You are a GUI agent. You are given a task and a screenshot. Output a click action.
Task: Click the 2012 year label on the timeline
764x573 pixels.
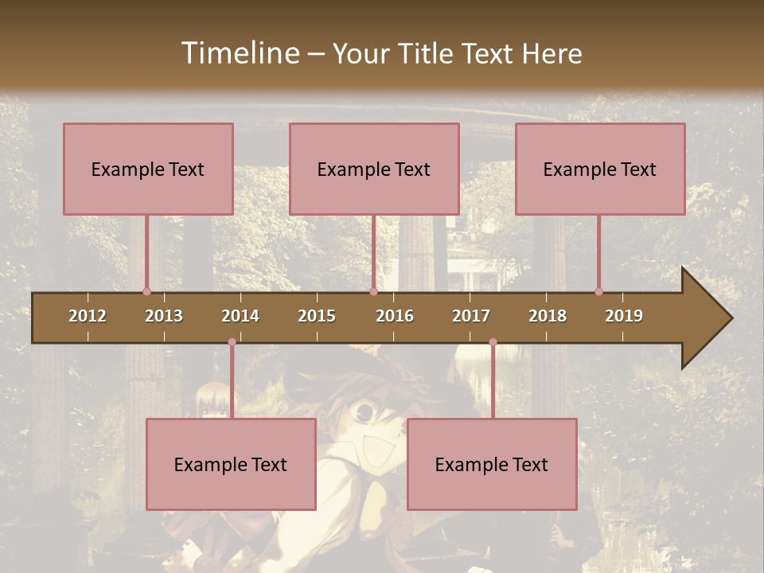click(88, 316)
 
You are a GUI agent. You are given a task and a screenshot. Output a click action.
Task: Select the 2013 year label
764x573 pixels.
click(164, 316)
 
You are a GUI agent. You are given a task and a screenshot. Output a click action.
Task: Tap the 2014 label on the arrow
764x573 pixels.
click(240, 316)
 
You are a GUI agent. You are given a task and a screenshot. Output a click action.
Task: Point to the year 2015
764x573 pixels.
click(317, 316)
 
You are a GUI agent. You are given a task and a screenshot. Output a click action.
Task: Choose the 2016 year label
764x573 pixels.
click(395, 316)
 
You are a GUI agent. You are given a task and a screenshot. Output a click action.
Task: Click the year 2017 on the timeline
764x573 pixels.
click(471, 316)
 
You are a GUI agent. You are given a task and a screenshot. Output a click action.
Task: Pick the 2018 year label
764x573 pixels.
click(548, 316)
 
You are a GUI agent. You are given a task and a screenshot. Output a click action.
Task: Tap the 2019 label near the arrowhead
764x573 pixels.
click(624, 316)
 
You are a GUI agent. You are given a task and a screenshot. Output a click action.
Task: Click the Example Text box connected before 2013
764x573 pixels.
click(148, 169)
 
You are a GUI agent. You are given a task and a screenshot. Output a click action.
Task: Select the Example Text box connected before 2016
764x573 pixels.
click(374, 169)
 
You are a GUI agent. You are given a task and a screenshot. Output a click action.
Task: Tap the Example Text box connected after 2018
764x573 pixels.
click(600, 169)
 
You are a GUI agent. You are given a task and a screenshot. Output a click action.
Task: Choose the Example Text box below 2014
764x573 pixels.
click(231, 464)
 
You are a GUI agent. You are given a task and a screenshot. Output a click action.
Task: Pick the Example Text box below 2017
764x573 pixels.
click(492, 464)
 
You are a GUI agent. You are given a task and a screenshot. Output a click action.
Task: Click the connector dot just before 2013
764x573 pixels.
click(146, 291)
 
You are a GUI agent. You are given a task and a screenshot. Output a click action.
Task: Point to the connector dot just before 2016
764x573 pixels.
click(373, 291)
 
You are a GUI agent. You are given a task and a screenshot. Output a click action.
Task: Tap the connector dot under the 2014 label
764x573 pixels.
click(232, 342)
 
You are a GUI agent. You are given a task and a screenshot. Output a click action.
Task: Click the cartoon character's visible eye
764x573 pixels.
click(364, 411)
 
